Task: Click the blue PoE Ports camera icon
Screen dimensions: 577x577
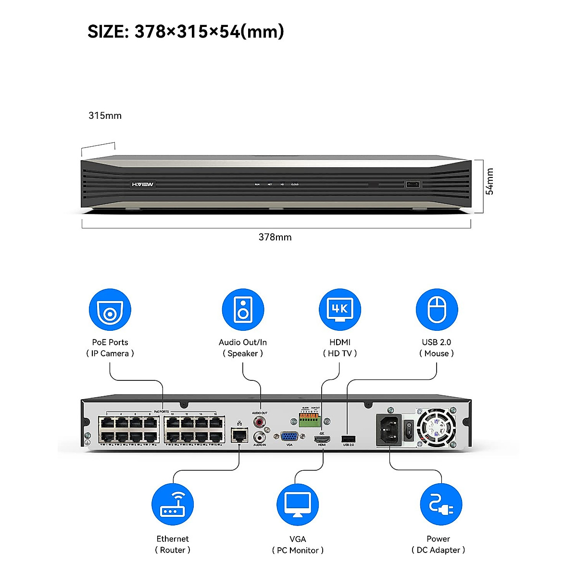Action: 110,310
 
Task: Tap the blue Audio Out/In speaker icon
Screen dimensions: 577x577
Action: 243,310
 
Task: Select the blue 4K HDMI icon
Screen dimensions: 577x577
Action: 340,310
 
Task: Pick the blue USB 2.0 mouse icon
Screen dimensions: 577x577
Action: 437,310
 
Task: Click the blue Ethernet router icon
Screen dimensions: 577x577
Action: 173,505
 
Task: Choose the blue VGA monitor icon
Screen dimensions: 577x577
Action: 298,505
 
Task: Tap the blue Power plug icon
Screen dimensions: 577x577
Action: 441,505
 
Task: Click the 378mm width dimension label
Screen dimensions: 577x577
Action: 275,237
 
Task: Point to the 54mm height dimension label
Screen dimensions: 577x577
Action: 489,181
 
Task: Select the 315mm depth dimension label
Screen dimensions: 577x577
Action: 105,115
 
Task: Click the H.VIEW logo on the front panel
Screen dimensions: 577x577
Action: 143,185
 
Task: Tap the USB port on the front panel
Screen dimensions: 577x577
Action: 413,184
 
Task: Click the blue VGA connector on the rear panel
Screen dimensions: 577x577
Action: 289,437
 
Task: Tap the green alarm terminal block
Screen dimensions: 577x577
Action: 309,420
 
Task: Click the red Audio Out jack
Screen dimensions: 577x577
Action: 260,423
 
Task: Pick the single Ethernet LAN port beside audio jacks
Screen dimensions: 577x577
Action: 239,435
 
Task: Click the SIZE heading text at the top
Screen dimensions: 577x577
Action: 186,32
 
